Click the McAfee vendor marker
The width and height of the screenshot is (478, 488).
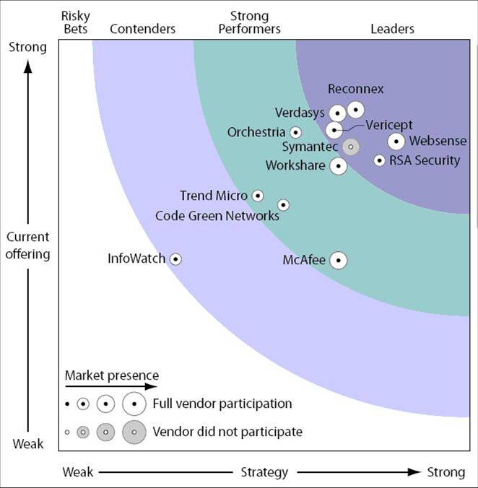338,261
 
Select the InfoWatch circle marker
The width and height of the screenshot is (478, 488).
175,258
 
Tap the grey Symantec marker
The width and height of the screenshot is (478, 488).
351,147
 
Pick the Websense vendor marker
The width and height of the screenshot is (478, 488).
396,141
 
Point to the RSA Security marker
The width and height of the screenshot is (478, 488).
379,160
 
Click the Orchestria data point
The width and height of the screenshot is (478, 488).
295,132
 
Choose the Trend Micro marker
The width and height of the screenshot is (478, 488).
257,196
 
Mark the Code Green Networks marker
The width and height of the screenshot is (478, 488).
283,205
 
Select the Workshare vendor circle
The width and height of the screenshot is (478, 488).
337,166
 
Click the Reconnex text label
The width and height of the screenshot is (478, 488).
356,90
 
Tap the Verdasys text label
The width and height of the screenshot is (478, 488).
300,113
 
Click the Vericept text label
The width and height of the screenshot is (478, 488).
388,125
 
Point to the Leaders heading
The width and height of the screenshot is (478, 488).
392,29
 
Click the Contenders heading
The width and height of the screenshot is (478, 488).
143,29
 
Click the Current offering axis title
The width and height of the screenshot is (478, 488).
29,245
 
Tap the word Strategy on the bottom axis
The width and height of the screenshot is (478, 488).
264,472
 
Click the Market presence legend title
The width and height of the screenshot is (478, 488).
111,375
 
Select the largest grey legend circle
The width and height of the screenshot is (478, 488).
134,432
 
